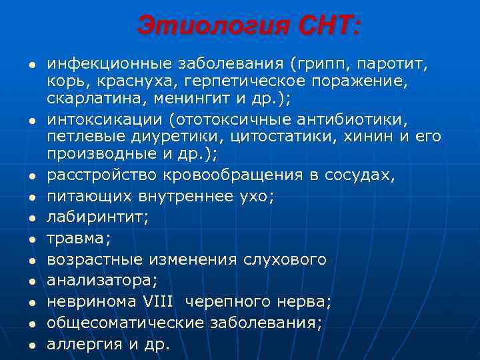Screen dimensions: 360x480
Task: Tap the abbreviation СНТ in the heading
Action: (x=327, y=26)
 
